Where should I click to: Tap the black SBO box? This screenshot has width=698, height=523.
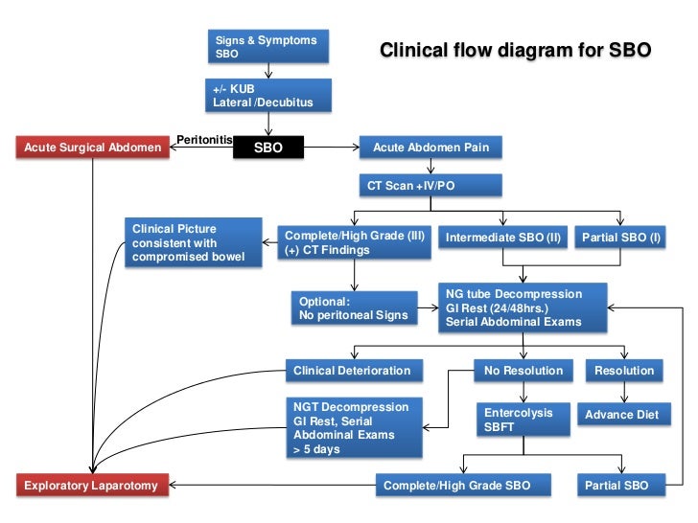point(268,148)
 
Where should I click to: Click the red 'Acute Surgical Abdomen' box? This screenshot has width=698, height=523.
point(94,148)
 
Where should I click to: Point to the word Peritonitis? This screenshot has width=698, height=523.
point(204,140)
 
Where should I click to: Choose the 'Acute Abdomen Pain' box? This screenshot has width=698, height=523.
point(430,148)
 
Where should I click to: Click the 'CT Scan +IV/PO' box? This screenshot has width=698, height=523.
point(430,184)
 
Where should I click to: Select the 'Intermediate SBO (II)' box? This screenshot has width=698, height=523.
point(503,236)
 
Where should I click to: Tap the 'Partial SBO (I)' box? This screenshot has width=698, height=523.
point(621,236)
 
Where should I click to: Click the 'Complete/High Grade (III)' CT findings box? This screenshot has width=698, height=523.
point(354,242)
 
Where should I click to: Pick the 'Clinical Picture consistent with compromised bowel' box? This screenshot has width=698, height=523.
point(194,242)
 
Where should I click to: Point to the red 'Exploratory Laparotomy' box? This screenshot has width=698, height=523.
point(93,486)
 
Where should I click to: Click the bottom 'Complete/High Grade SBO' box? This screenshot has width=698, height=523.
point(465,486)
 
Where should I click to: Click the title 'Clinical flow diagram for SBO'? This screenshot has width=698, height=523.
point(516,50)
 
